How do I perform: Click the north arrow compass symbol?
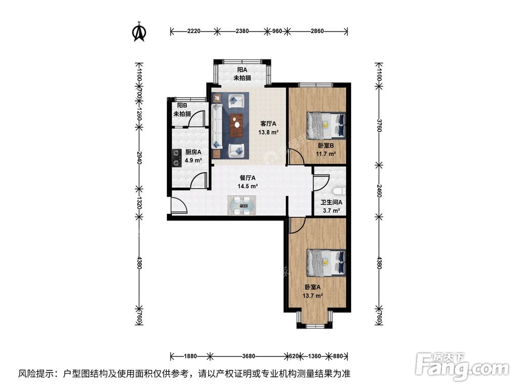(x=139, y=32)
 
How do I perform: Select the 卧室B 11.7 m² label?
(x=326, y=150)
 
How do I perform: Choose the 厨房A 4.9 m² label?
(x=193, y=156)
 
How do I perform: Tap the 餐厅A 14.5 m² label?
(x=248, y=182)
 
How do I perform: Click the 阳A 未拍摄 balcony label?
(x=241, y=74)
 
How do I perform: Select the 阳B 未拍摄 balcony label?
(x=182, y=109)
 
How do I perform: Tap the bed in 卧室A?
(x=326, y=262)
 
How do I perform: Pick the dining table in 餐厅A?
(x=241, y=205)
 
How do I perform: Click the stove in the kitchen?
(x=177, y=158)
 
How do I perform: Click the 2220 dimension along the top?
(x=194, y=31)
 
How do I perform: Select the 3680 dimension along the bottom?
(x=249, y=356)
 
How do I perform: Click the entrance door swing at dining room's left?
(x=179, y=206)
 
